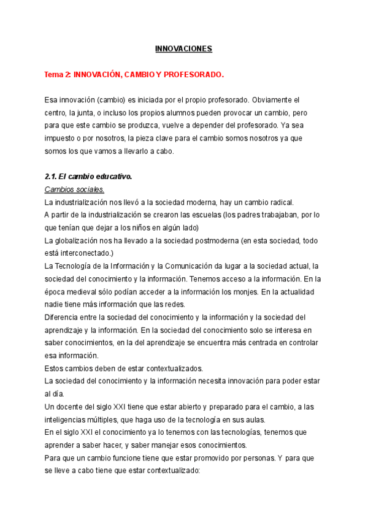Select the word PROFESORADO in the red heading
point(198,75)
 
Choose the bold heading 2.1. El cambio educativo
point(88,177)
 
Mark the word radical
point(280,202)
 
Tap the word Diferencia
point(65,317)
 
